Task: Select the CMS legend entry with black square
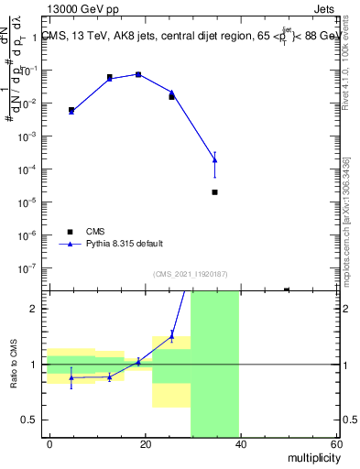85,232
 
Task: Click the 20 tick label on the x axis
146,443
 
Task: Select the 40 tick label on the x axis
241,443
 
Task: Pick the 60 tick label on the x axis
336,443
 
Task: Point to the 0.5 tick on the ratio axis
31,420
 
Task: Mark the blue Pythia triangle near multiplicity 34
214,160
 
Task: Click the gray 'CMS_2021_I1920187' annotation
191,273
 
